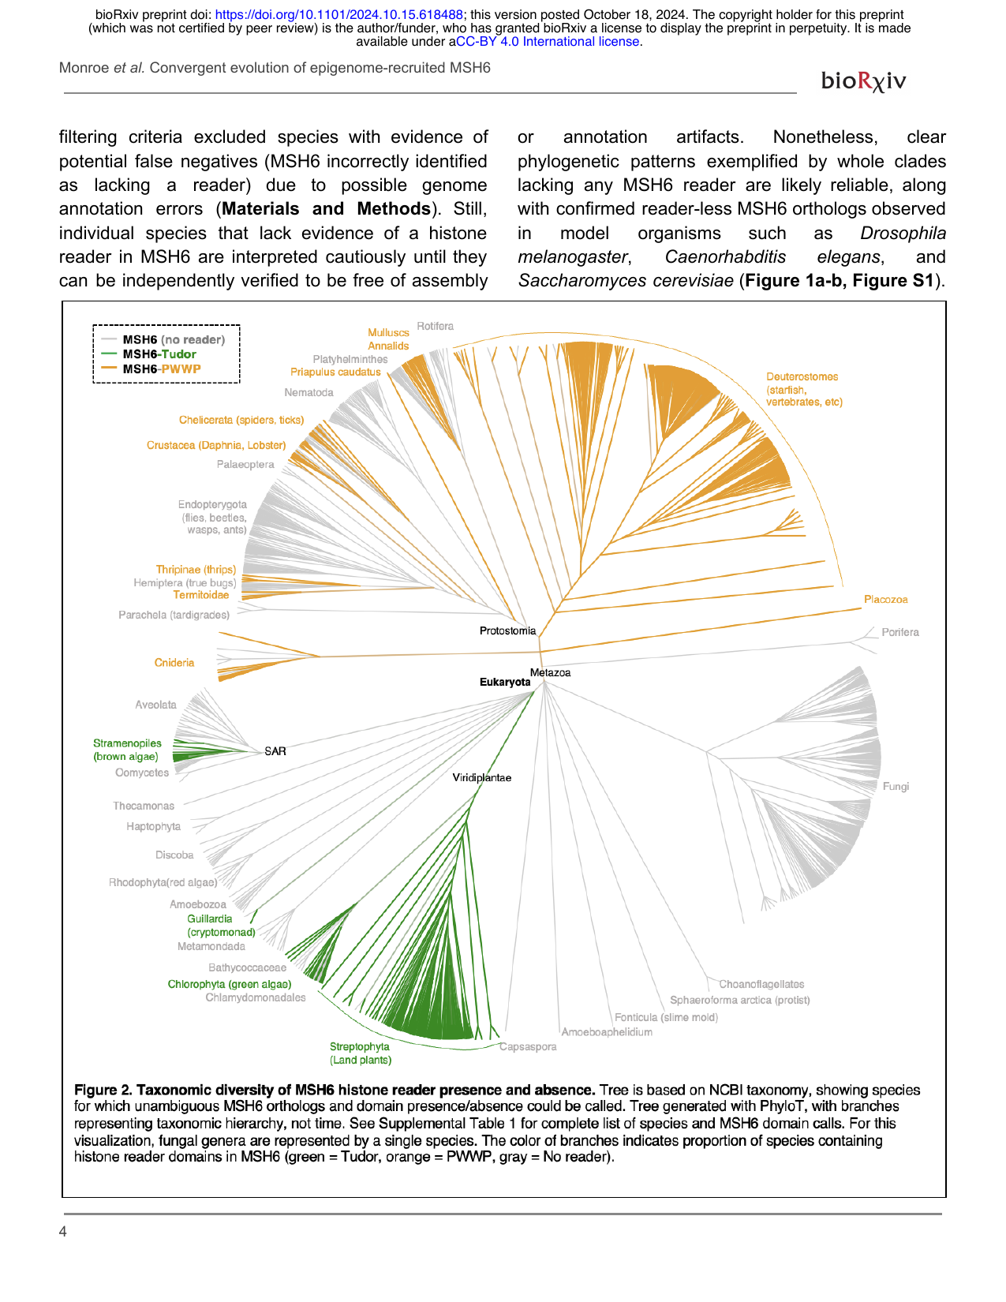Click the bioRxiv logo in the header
pyautogui.click(x=863, y=80)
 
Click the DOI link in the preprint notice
pyautogui.click(x=338, y=14)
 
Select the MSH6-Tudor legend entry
pyautogui.click(x=159, y=354)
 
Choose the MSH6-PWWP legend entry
pyautogui.click(x=161, y=369)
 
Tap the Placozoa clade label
pyautogui.click(x=885, y=600)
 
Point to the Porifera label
pyautogui.click(x=899, y=632)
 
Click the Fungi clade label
pyautogui.click(x=896, y=787)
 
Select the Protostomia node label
pyautogui.click(x=507, y=630)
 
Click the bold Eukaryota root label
pyautogui.click(x=505, y=682)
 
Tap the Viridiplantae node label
pyautogui.click(x=481, y=778)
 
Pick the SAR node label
pyautogui.click(x=275, y=751)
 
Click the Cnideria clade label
pyautogui.click(x=174, y=663)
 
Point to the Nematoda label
pyautogui.click(x=309, y=392)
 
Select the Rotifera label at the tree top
pyautogui.click(x=435, y=326)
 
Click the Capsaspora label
pyautogui.click(x=528, y=1047)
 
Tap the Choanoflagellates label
pyautogui.click(x=761, y=984)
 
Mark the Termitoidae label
pyautogui.click(x=201, y=595)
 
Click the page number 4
pyautogui.click(x=63, y=1232)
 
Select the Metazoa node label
pyautogui.click(x=550, y=672)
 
